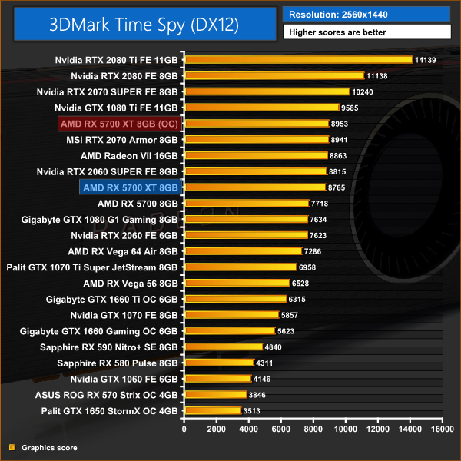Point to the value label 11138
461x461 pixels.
click(x=380, y=76)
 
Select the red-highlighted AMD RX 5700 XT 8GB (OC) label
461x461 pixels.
click(x=119, y=123)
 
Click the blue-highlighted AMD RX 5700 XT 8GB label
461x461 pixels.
click(x=130, y=187)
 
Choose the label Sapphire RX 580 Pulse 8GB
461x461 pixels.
click(x=118, y=363)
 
